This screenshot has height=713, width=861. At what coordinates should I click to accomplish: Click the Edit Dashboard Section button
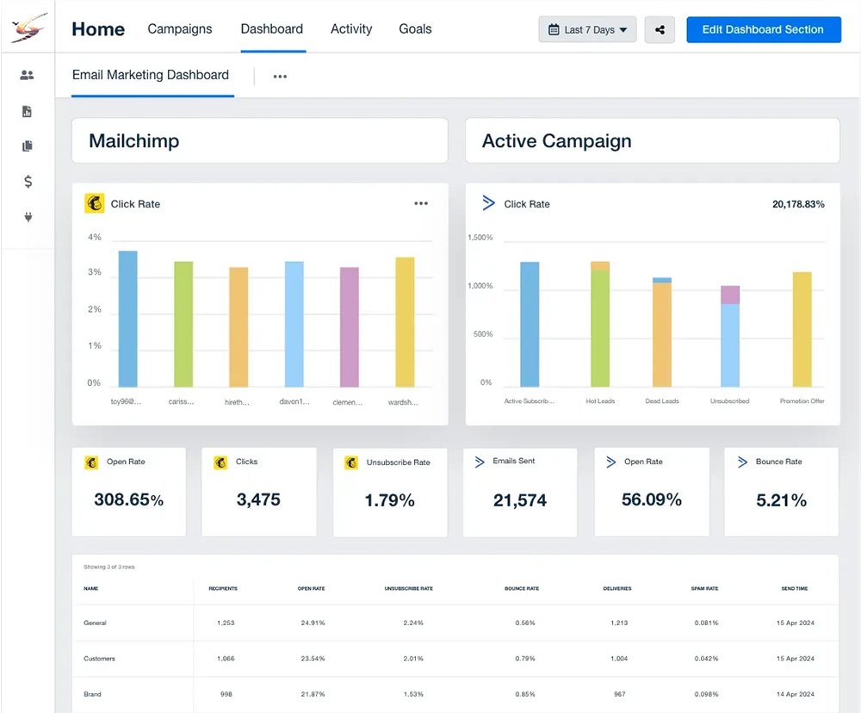click(763, 29)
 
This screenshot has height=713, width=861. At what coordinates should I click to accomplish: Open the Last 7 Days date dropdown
click(587, 29)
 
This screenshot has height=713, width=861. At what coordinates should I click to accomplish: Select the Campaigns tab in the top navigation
click(179, 28)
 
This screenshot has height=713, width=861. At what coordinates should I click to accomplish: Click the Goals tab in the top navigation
click(415, 28)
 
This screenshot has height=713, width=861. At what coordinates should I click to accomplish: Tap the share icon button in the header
click(660, 29)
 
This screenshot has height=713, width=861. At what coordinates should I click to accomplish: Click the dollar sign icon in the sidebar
click(28, 182)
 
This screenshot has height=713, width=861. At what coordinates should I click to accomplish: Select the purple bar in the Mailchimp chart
click(350, 326)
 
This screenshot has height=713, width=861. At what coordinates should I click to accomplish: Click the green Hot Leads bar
click(600, 327)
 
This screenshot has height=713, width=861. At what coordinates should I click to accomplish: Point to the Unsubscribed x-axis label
click(729, 401)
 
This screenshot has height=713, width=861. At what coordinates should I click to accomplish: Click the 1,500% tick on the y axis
click(480, 238)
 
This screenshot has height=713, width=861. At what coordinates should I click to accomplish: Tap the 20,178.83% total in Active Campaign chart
click(798, 204)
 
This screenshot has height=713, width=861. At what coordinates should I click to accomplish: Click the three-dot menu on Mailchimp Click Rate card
click(420, 204)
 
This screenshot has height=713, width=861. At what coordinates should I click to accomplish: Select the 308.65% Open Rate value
click(128, 499)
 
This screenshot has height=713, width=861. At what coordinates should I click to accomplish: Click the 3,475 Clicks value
click(258, 499)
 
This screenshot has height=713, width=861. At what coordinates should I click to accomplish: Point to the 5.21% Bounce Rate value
click(781, 499)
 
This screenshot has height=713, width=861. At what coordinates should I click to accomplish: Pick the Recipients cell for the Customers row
click(226, 659)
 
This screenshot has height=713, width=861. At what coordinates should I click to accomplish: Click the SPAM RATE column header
click(706, 589)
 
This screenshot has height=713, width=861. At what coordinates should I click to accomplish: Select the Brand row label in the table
click(93, 694)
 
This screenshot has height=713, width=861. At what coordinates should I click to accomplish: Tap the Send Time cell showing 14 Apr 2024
click(795, 694)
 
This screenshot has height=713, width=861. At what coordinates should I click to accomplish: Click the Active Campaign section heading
click(557, 141)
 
